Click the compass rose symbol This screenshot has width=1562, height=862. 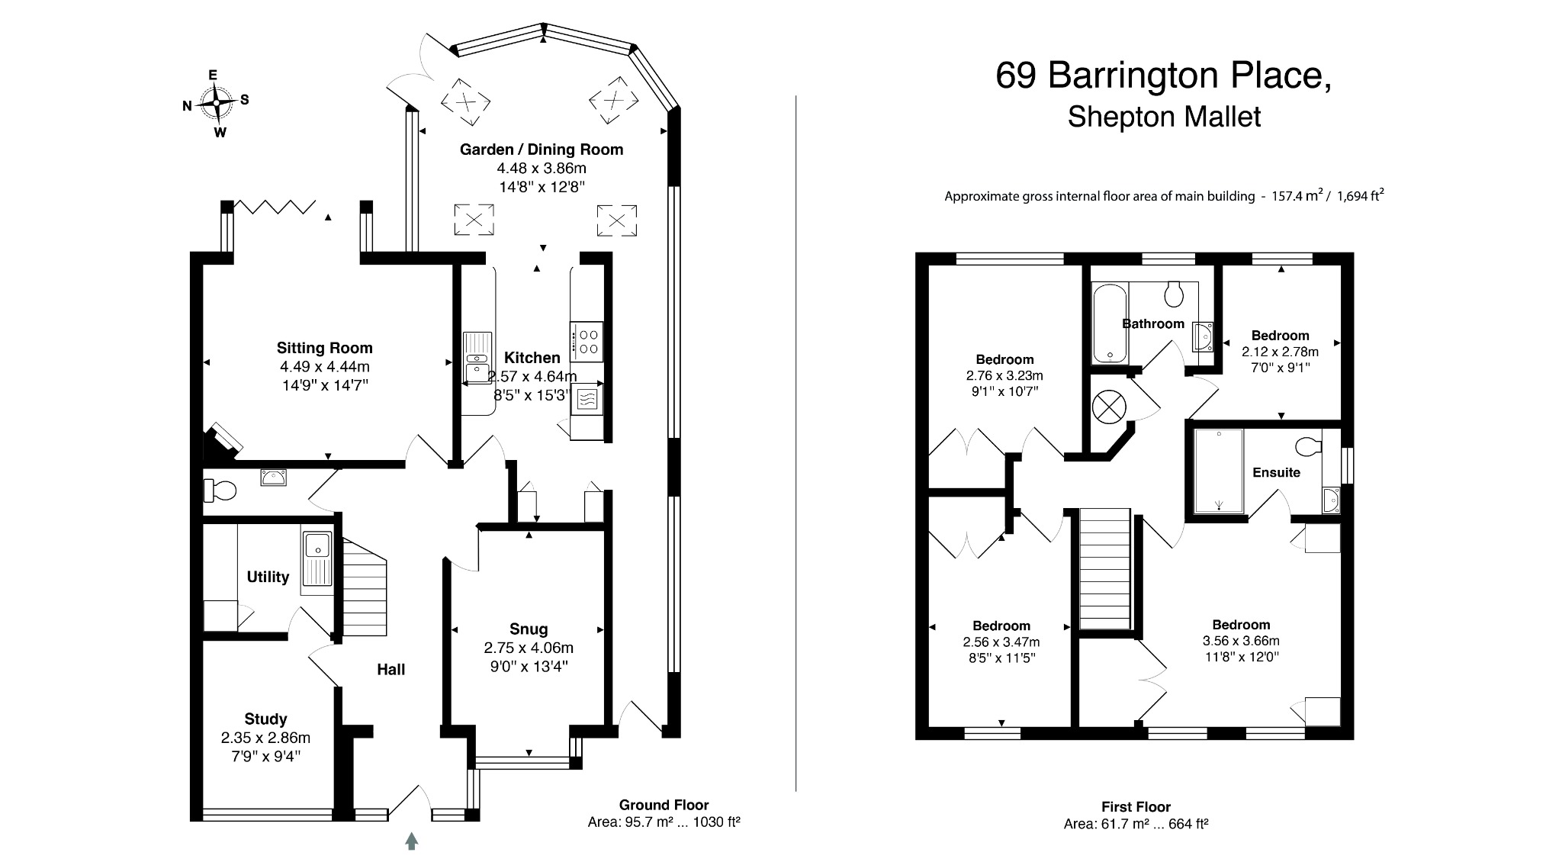pyautogui.click(x=216, y=102)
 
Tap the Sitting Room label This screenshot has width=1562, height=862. pyautogui.click(x=325, y=349)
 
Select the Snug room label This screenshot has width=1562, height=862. pyautogui.click(x=529, y=629)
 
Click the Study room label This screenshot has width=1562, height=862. pyautogui.click(x=265, y=719)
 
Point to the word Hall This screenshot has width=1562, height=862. pyautogui.click(x=391, y=670)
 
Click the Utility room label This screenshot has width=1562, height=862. pyautogui.click(x=268, y=577)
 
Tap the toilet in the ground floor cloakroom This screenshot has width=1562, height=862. pyautogui.click(x=220, y=490)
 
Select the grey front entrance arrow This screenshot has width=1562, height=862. pyautogui.click(x=412, y=841)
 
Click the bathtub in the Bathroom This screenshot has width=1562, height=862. pyautogui.click(x=1109, y=323)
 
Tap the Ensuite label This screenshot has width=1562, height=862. pyautogui.click(x=1276, y=472)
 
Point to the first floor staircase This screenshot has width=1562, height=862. pyautogui.click(x=1105, y=569)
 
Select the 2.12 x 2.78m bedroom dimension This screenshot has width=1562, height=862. pyautogui.click(x=1280, y=352)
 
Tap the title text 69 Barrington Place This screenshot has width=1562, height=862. pyautogui.click(x=1165, y=76)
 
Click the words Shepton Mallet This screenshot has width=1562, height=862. pyautogui.click(x=1164, y=117)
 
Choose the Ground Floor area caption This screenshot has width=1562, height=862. pyautogui.click(x=664, y=813)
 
